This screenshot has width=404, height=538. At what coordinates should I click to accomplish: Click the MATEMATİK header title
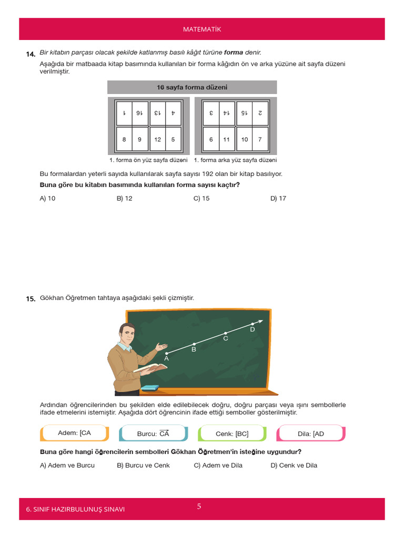click(202, 29)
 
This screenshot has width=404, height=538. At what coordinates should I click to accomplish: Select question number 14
click(31, 54)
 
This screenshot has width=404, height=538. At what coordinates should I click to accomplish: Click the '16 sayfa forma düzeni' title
click(192, 87)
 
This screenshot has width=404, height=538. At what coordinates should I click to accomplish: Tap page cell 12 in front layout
click(158, 140)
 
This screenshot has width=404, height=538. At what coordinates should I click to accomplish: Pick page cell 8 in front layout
click(124, 140)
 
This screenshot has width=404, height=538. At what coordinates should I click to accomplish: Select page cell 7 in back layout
click(260, 140)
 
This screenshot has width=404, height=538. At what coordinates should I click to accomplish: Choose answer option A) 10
click(47, 199)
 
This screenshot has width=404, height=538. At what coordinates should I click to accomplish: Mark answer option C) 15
click(201, 199)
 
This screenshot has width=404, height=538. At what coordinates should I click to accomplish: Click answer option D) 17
click(278, 199)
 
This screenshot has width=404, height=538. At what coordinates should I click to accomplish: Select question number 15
click(31, 298)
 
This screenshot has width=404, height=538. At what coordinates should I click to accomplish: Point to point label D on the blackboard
click(252, 329)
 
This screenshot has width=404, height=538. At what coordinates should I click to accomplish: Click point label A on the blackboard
click(166, 358)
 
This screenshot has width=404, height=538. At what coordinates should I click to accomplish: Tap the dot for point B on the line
click(194, 344)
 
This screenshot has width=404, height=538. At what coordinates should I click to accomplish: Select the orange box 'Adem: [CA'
click(74, 433)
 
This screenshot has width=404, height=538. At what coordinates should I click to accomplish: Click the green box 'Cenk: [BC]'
click(232, 433)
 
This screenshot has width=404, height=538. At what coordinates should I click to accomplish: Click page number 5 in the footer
click(199, 506)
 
